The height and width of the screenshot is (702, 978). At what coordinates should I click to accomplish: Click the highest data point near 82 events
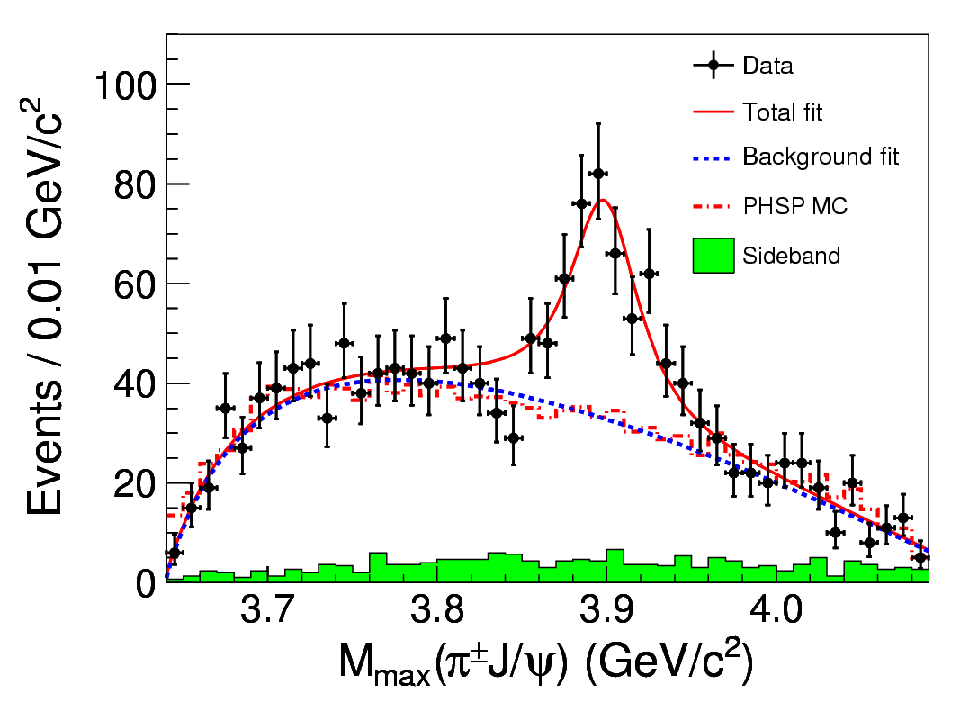coord(597,174)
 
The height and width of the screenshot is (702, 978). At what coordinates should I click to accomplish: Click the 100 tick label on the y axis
coord(125,85)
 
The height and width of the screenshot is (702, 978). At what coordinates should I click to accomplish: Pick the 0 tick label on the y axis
coord(148,583)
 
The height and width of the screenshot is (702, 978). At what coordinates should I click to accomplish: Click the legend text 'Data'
coord(767,66)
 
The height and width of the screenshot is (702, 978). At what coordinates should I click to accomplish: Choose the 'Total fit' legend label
coord(782,112)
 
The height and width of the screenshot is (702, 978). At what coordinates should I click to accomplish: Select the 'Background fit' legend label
coord(820,157)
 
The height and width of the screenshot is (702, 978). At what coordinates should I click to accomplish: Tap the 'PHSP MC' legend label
coord(794,207)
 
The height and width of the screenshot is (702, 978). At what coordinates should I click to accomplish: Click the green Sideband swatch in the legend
coord(713,256)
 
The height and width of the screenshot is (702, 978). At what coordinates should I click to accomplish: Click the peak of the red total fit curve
coord(603,200)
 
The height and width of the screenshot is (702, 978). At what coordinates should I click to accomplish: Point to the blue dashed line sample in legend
coord(713,159)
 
